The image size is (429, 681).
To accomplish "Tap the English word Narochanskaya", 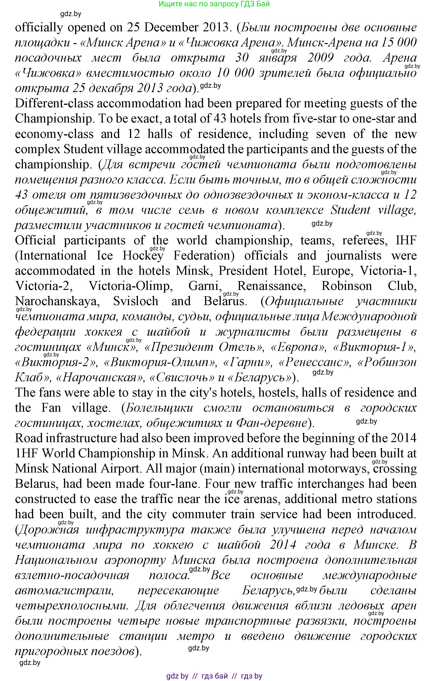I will tap(56, 301).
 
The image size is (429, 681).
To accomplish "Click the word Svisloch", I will tap(136, 301).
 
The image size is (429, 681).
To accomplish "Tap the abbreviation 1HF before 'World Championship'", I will tap(26, 453).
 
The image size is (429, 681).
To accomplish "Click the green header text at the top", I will tap(214, 4).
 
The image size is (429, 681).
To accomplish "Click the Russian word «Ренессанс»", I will tap(314, 362).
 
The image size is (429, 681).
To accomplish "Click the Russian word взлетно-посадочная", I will tap(72, 575).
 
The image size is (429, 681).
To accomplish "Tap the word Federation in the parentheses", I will tap(204, 256).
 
